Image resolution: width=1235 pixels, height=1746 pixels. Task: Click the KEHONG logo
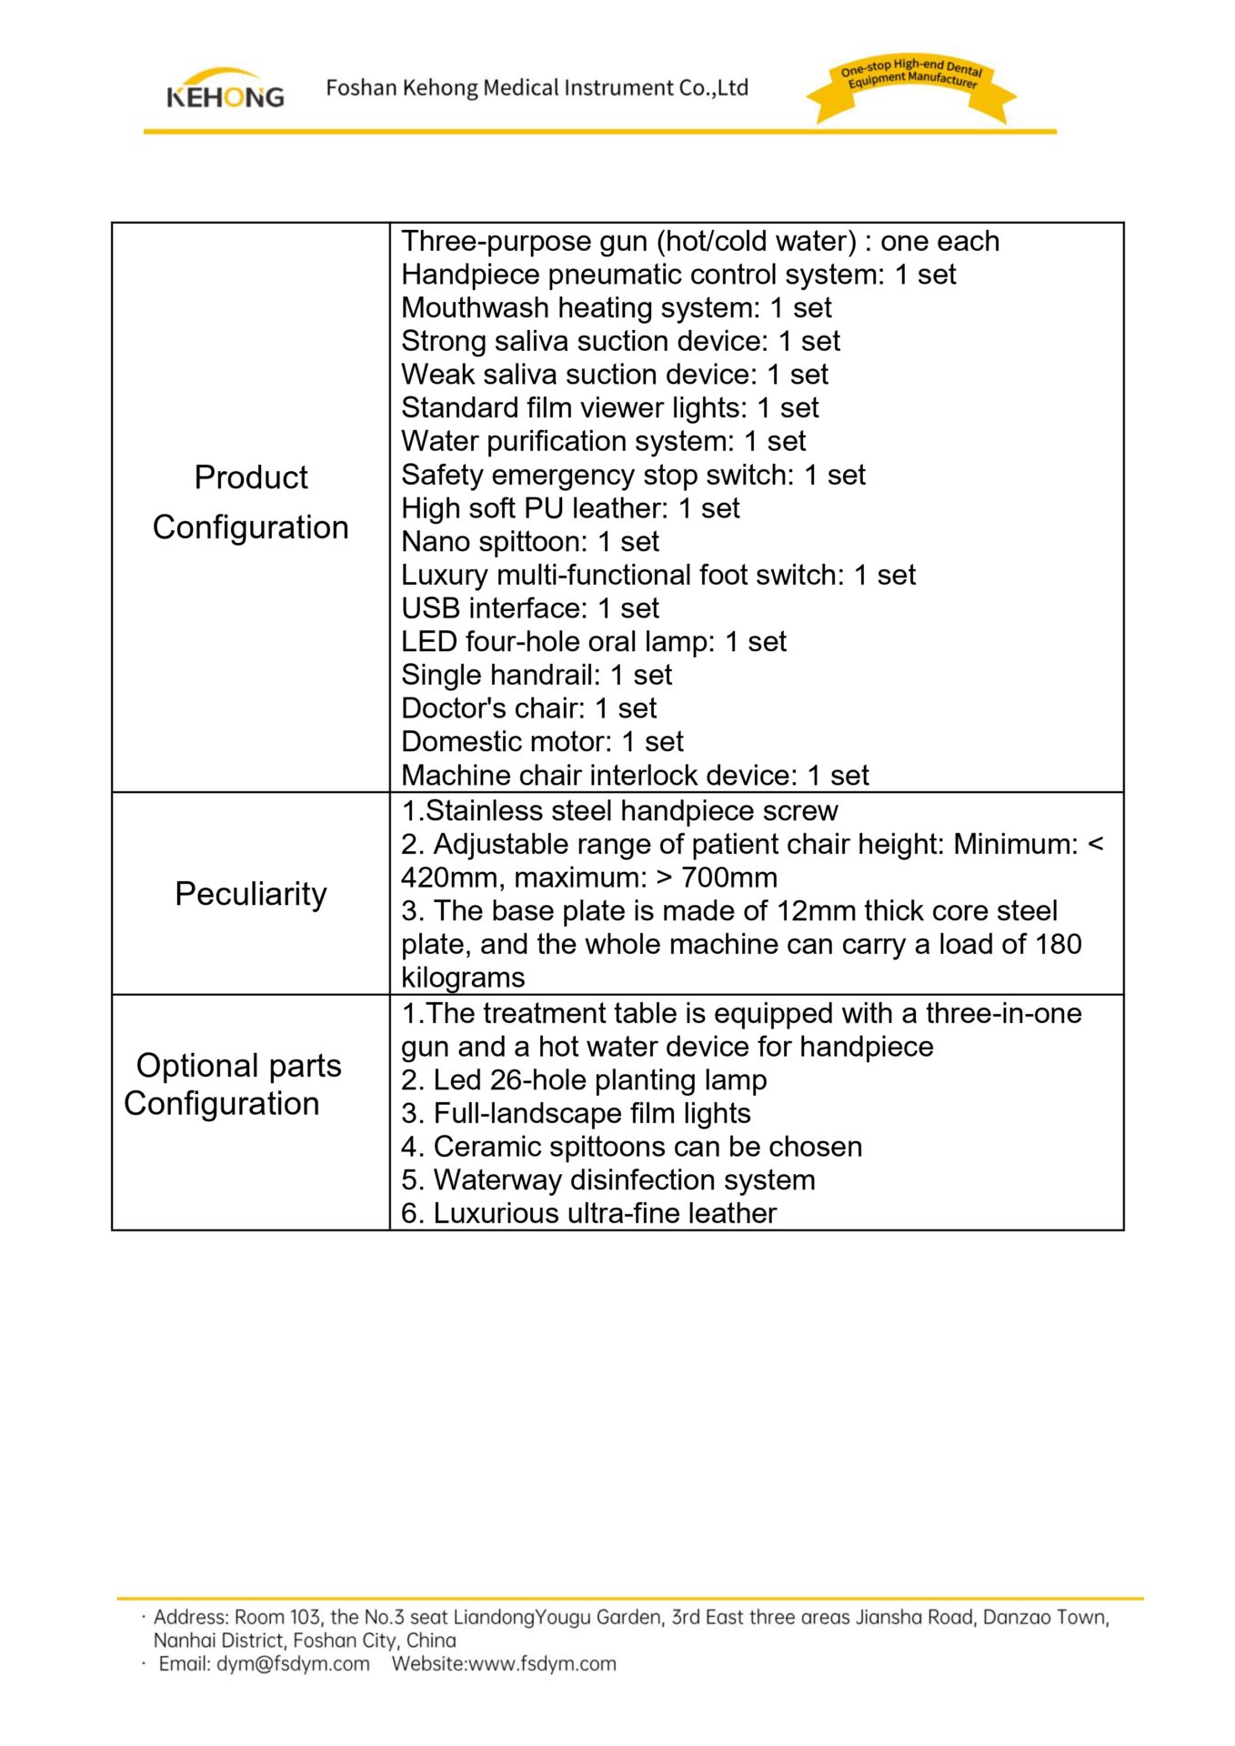[225, 89]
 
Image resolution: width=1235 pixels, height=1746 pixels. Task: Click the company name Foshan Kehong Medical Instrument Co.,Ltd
[537, 88]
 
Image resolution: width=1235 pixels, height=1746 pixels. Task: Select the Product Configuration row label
[250, 502]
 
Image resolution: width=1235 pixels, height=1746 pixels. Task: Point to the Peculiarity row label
[250, 894]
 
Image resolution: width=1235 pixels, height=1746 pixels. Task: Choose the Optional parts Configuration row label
[235, 1084]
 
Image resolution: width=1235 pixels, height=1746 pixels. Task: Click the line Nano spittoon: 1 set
[530, 542]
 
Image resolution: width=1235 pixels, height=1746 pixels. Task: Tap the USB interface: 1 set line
[530, 608]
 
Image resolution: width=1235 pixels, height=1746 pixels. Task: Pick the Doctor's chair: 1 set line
[528, 708]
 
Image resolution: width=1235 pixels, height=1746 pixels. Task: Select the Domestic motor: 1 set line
[542, 742]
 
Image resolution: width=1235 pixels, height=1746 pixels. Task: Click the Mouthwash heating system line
[617, 308]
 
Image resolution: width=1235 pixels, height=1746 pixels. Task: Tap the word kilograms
[463, 978]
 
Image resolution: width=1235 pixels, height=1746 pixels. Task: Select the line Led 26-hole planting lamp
[584, 1080]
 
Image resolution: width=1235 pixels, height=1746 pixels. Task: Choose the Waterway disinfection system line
[607, 1180]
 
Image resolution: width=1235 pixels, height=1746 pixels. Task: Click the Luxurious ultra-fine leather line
[588, 1214]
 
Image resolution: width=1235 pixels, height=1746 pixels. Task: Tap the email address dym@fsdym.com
[293, 1664]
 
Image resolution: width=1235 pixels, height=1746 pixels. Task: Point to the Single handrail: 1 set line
[537, 676]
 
